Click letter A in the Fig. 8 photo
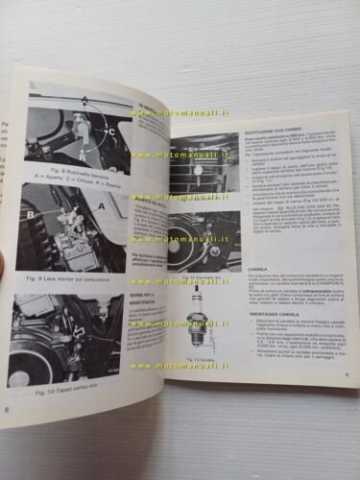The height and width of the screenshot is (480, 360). point(84,100)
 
